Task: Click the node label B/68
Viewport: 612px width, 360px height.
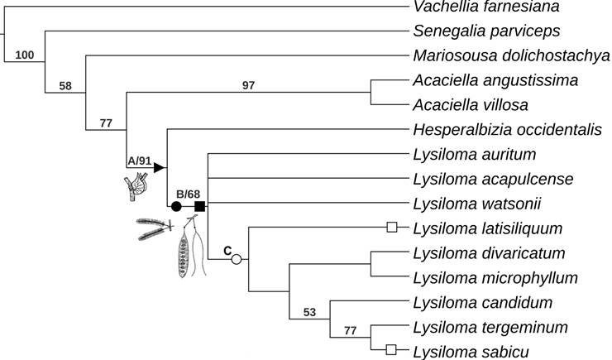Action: click(x=187, y=194)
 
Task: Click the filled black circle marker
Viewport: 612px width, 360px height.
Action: click(x=176, y=206)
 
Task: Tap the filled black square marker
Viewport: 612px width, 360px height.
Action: click(x=199, y=206)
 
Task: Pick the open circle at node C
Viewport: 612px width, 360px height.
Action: click(x=237, y=259)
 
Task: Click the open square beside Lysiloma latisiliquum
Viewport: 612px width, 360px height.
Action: click(x=393, y=228)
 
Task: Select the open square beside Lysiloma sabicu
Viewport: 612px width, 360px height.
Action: click(x=393, y=350)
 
